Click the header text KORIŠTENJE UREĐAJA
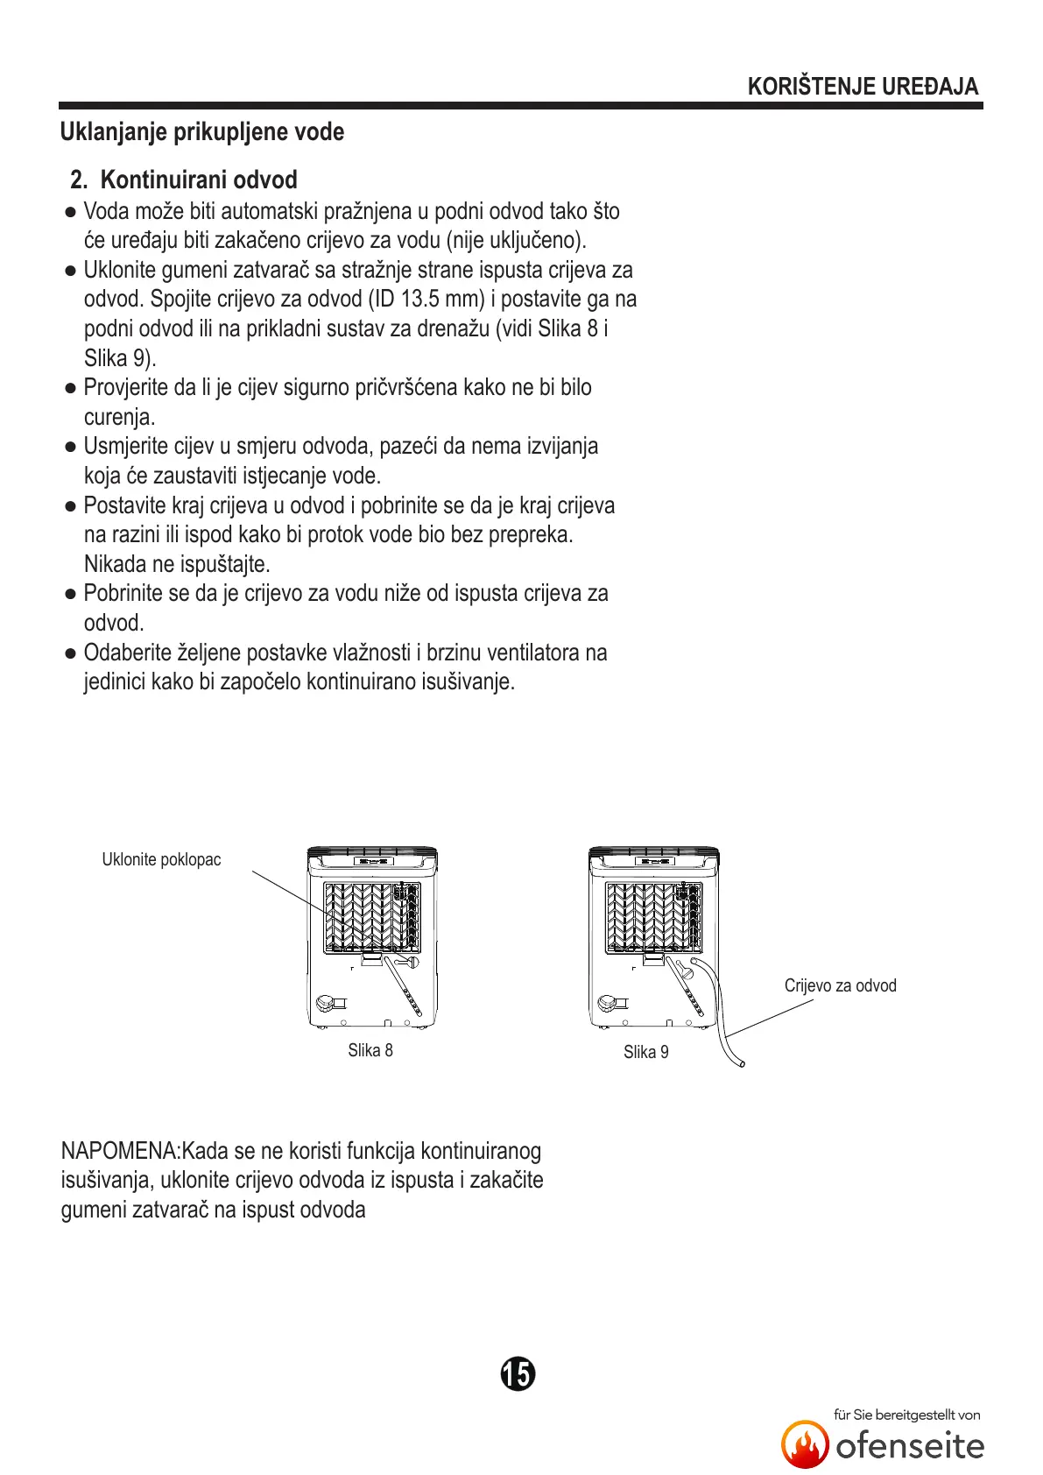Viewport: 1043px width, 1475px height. tap(863, 87)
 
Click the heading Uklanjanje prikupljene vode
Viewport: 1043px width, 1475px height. tap(202, 132)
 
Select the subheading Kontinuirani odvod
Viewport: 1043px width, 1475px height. tap(199, 180)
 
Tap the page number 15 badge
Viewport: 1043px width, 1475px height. tap(518, 1373)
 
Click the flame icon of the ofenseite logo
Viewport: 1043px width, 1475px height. tap(805, 1443)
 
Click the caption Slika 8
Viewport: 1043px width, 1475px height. tap(370, 1050)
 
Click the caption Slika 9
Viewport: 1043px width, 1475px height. tap(645, 1052)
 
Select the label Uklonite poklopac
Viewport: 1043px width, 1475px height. tap(161, 859)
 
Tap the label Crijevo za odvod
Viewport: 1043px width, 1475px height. tap(840, 985)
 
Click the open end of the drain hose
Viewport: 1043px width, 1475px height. tap(742, 1063)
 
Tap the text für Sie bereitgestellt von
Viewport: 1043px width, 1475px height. tap(906, 1415)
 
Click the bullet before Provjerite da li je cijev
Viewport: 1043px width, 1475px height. tap(71, 388)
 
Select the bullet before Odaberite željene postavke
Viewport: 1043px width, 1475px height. tap(71, 653)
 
